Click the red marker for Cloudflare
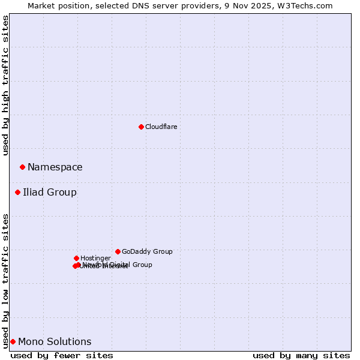[x=141, y=127]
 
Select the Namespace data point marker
[x=22, y=167]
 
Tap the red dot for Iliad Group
[x=17, y=192]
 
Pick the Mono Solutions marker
[x=13, y=341]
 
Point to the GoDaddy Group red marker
[x=118, y=251]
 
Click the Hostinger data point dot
[x=76, y=258]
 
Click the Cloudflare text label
[x=161, y=127]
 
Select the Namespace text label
[x=55, y=167]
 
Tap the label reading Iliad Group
[x=49, y=192]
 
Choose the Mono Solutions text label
[x=55, y=341]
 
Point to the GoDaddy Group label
[x=146, y=251]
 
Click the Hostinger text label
[x=95, y=258]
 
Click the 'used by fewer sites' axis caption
[x=62, y=355]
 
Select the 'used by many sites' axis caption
[x=301, y=355]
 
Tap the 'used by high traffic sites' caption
[x=5, y=85]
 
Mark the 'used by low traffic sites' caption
[x=5, y=280]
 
